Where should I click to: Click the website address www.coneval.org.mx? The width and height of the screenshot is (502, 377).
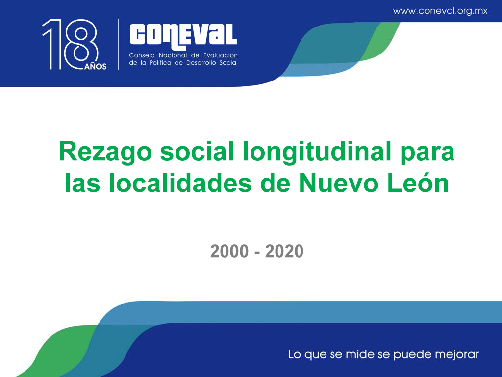(x=440, y=11)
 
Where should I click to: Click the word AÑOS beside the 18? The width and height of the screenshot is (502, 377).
(x=96, y=66)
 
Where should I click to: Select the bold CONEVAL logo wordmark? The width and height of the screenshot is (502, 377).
(x=183, y=37)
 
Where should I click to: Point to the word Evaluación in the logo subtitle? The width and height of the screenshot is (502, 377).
(x=221, y=55)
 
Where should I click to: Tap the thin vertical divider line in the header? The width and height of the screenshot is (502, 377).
(x=118, y=44)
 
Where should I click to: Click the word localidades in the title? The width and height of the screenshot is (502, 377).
(x=180, y=183)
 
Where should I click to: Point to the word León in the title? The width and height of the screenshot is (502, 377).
(x=418, y=183)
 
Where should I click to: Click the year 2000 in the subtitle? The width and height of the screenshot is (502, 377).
(x=229, y=251)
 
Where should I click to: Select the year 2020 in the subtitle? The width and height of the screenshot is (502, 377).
(x=284, y=251)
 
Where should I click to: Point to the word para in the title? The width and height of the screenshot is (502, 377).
(x=427, y=153)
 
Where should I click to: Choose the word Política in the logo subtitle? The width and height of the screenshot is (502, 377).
(x=160, y=63)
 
